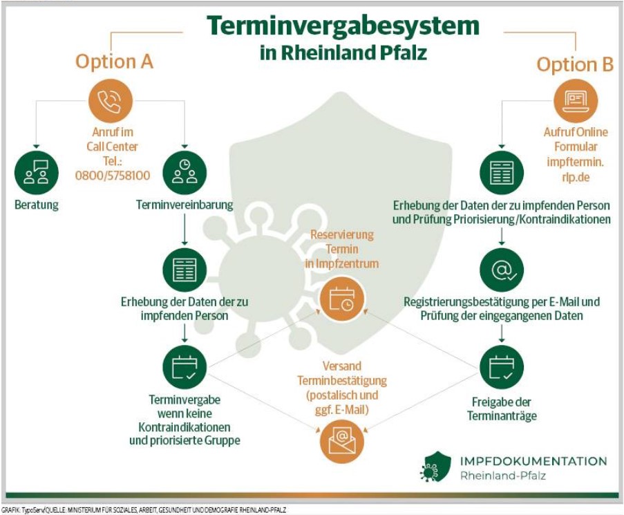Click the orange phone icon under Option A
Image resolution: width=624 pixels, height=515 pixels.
(111, 101)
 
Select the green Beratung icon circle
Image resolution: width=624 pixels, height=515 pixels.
(36, 173)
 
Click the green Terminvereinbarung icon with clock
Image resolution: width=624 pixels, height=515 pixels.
(185, 173)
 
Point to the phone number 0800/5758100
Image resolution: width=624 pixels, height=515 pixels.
(113, 176)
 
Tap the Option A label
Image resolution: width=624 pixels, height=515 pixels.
(114, 62)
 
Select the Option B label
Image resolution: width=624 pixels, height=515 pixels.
(575, 64)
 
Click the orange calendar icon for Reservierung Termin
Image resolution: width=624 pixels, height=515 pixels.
(342, 299)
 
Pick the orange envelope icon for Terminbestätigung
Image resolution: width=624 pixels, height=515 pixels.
(342, 441)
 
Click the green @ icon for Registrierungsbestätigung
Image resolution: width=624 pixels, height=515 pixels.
(502, 270)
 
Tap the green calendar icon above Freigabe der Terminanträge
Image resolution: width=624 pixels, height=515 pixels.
(502, 367)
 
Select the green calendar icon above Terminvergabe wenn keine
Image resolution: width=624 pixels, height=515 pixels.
(185, 367)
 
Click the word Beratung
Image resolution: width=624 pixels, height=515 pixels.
(36, 205)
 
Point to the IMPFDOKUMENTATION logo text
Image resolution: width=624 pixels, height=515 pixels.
(533, 462)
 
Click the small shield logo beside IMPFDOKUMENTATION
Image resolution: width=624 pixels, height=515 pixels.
(436, 467)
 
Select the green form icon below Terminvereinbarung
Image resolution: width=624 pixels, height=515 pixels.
(185, 270)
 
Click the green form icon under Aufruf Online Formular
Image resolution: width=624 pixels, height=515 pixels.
(502, 173)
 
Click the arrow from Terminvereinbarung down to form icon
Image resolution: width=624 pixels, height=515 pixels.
(185, 230)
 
